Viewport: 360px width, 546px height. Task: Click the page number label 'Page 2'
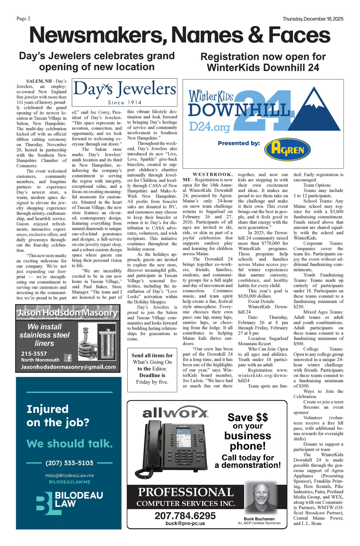(23, 19)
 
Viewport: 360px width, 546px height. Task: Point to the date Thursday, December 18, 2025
(313, 19)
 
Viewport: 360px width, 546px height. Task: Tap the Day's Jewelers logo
(125, 92)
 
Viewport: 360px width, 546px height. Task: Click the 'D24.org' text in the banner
(209, 127)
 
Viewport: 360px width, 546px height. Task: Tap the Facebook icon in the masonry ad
(68, 358)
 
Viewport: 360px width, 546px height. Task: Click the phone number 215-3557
(34, 353)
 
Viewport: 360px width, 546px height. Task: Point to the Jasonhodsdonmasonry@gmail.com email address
(68, 367)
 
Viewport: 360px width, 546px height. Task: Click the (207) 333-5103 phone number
(69, 463)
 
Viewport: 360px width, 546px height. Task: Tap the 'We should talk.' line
(69, 443)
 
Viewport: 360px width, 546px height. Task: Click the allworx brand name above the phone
(175, 413)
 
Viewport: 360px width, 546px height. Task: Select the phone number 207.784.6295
(185, 515)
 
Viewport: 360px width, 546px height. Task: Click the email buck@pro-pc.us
(185, 523)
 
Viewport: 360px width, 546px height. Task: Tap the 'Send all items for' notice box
(152, 369)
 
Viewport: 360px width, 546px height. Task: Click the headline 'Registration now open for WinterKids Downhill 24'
(263, 62)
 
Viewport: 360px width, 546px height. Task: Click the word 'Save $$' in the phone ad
(248, 417)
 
